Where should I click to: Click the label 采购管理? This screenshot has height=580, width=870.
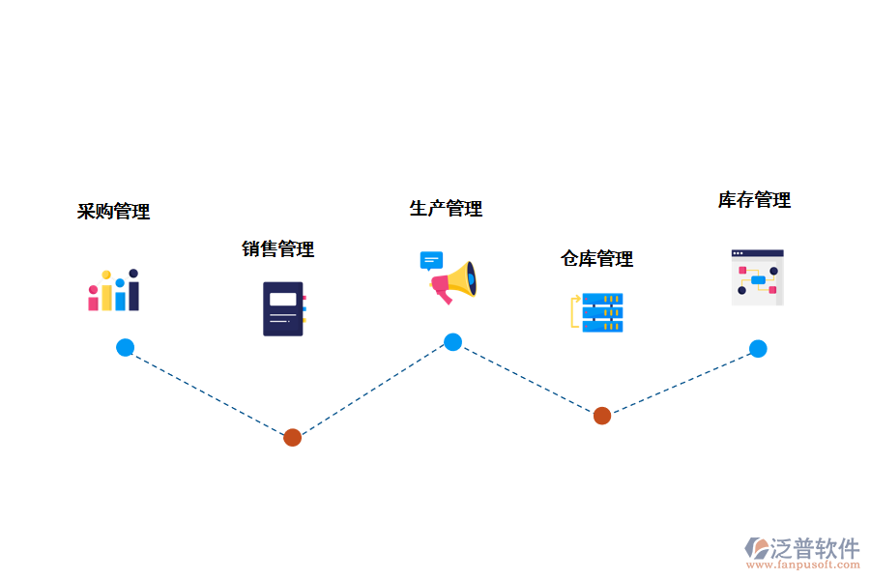point(114,212)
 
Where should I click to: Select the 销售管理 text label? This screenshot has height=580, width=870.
point(278,249)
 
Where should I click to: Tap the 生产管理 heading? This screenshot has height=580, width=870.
point(446,209)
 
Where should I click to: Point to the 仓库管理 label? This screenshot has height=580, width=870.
point(597,259)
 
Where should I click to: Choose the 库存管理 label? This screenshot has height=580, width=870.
point(754,200)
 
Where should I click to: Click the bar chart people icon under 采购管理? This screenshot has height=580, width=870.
point(114,291)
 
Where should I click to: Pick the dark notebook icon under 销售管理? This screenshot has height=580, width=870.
point(283,308)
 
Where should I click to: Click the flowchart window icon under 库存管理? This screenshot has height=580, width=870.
point(757,277)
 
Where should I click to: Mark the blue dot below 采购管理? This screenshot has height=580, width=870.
point(125,348)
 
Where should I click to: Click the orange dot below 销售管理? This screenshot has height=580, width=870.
point(293,437)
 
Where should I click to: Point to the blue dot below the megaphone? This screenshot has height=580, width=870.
point(452,342)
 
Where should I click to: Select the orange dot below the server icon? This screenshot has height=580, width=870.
point(601,416)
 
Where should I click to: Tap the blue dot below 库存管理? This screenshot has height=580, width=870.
point(758,349)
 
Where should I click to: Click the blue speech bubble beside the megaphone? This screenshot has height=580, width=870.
point(431,261)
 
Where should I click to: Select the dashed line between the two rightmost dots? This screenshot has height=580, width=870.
point(680,383)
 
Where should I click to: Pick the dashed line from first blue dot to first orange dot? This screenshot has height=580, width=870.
point(209,392)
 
